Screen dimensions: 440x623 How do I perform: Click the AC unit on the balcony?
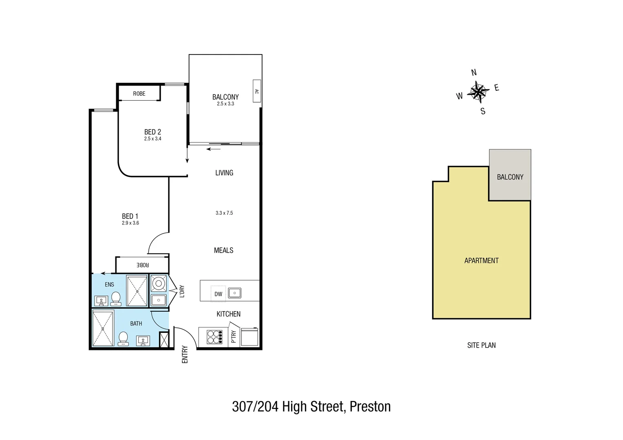(256, 91)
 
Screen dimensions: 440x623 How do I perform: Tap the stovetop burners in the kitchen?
(214, 337)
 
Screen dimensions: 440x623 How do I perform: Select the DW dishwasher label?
(219, 294)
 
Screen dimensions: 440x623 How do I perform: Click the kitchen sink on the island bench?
(234, 293)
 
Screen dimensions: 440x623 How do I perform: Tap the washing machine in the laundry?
(158, 283)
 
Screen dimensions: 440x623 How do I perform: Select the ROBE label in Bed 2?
(139, 94)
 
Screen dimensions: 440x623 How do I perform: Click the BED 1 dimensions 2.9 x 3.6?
(130, 223)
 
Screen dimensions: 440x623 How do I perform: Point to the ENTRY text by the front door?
(185, 354)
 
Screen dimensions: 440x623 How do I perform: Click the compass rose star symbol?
(478, 92)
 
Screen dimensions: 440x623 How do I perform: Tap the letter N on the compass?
(474, 73)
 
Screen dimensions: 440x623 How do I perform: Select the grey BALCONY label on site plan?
(510, 177)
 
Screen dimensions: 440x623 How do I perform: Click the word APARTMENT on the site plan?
(482, 261)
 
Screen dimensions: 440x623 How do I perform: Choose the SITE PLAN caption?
(482, 345)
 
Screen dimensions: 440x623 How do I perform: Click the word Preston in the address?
(370, 407)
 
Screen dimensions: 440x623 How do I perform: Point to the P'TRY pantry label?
(234, 337)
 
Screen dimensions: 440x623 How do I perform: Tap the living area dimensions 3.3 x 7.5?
(224, 213)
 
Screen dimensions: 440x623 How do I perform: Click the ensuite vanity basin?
(101, 301)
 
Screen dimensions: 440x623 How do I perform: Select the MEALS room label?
(224, 251)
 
